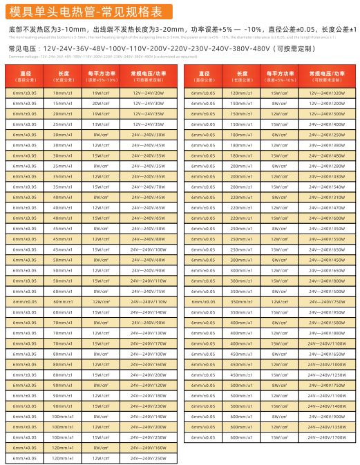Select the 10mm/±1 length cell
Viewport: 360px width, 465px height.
63,93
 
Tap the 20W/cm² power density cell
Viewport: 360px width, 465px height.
101,103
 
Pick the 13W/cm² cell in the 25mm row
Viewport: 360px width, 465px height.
101,124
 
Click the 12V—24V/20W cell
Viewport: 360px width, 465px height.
148,93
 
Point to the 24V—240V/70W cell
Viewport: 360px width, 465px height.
148,187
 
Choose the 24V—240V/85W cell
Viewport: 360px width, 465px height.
148,218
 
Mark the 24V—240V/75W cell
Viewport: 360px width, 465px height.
148,291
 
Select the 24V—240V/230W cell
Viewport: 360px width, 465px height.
148,406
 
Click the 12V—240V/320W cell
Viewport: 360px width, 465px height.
327,93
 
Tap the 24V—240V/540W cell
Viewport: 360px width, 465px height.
327,187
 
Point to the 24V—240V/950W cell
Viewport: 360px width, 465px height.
327,312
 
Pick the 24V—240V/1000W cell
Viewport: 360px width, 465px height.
327,364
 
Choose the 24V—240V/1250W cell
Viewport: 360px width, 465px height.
327,374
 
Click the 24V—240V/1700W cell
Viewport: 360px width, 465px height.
327,437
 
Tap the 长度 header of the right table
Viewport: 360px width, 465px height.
242,75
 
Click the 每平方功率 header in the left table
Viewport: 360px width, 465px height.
101,75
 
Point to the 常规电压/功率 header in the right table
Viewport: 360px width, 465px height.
327,75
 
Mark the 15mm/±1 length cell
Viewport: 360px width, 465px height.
63,103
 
